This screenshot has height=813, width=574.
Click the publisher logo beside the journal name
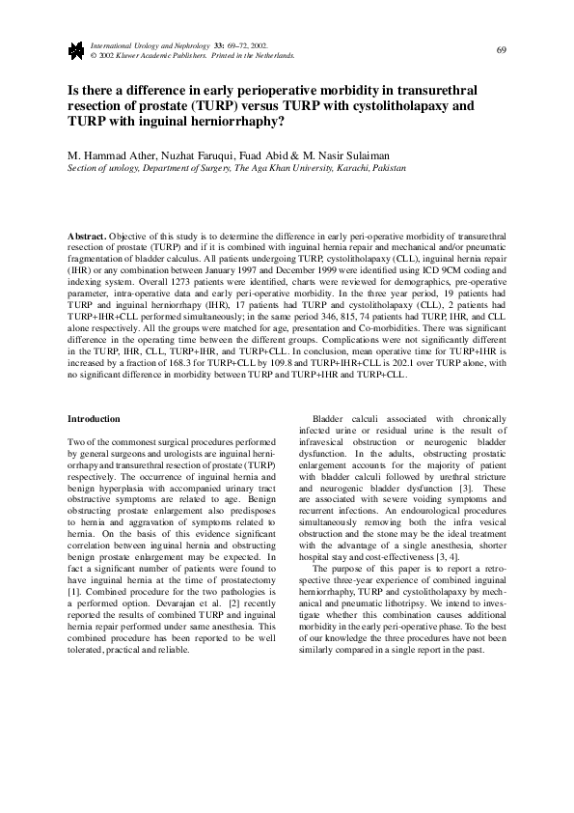pyautogui.click(x=75, y=50)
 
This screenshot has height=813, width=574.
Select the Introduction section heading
pyautogui.click(x=94, y=419)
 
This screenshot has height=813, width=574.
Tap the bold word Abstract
pyautogui.click(x=86, y=236)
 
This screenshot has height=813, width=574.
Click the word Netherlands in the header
pyautogui.click(x=273, y=56)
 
